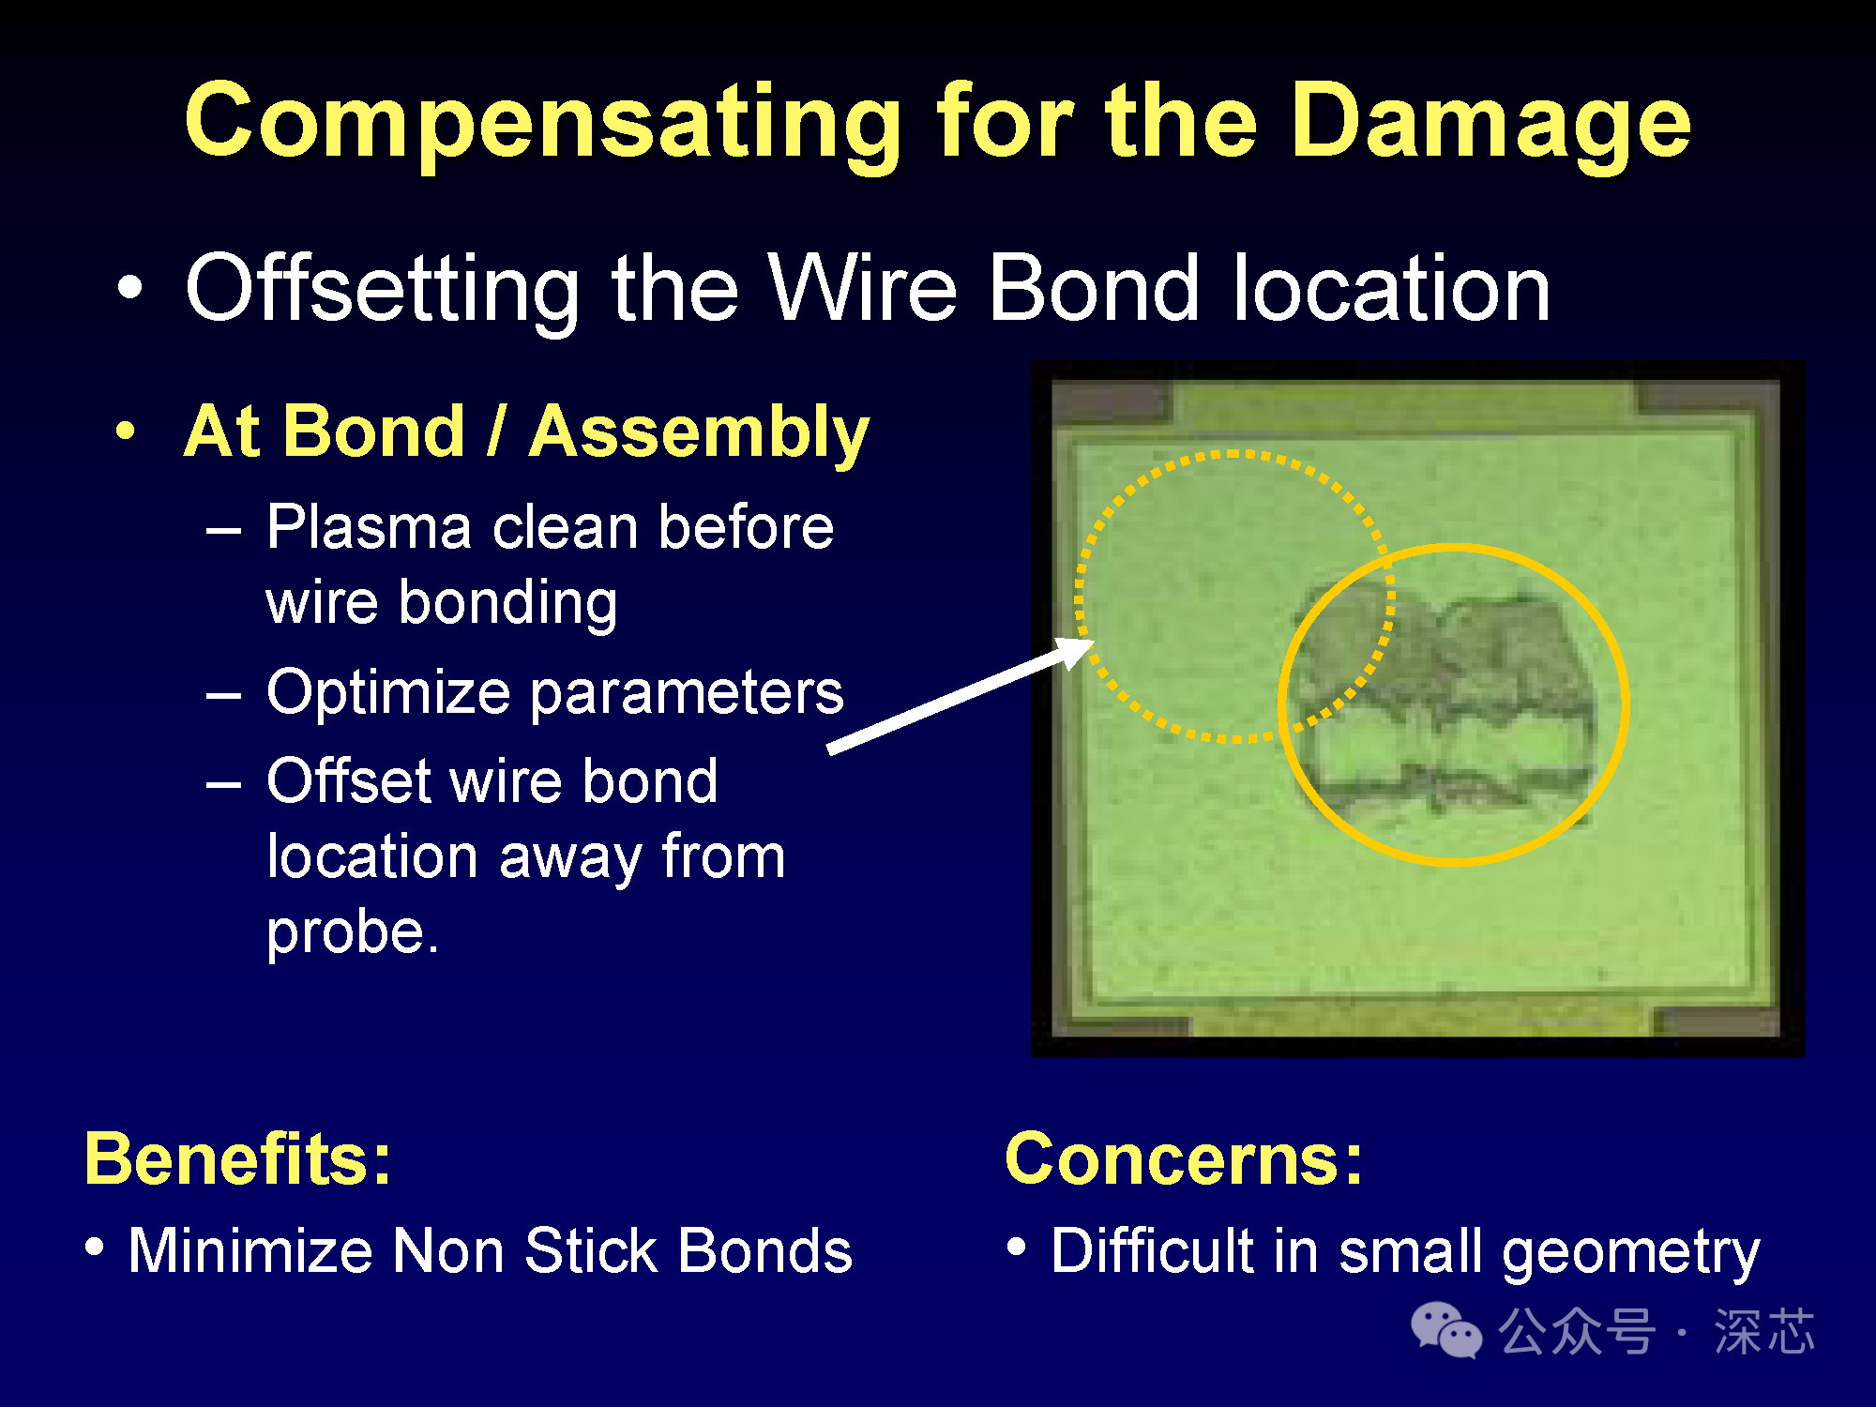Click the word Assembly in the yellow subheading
699,434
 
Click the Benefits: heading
238,1158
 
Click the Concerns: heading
1184,1158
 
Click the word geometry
1630,1255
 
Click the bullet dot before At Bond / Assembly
126,432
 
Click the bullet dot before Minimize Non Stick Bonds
94,1247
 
